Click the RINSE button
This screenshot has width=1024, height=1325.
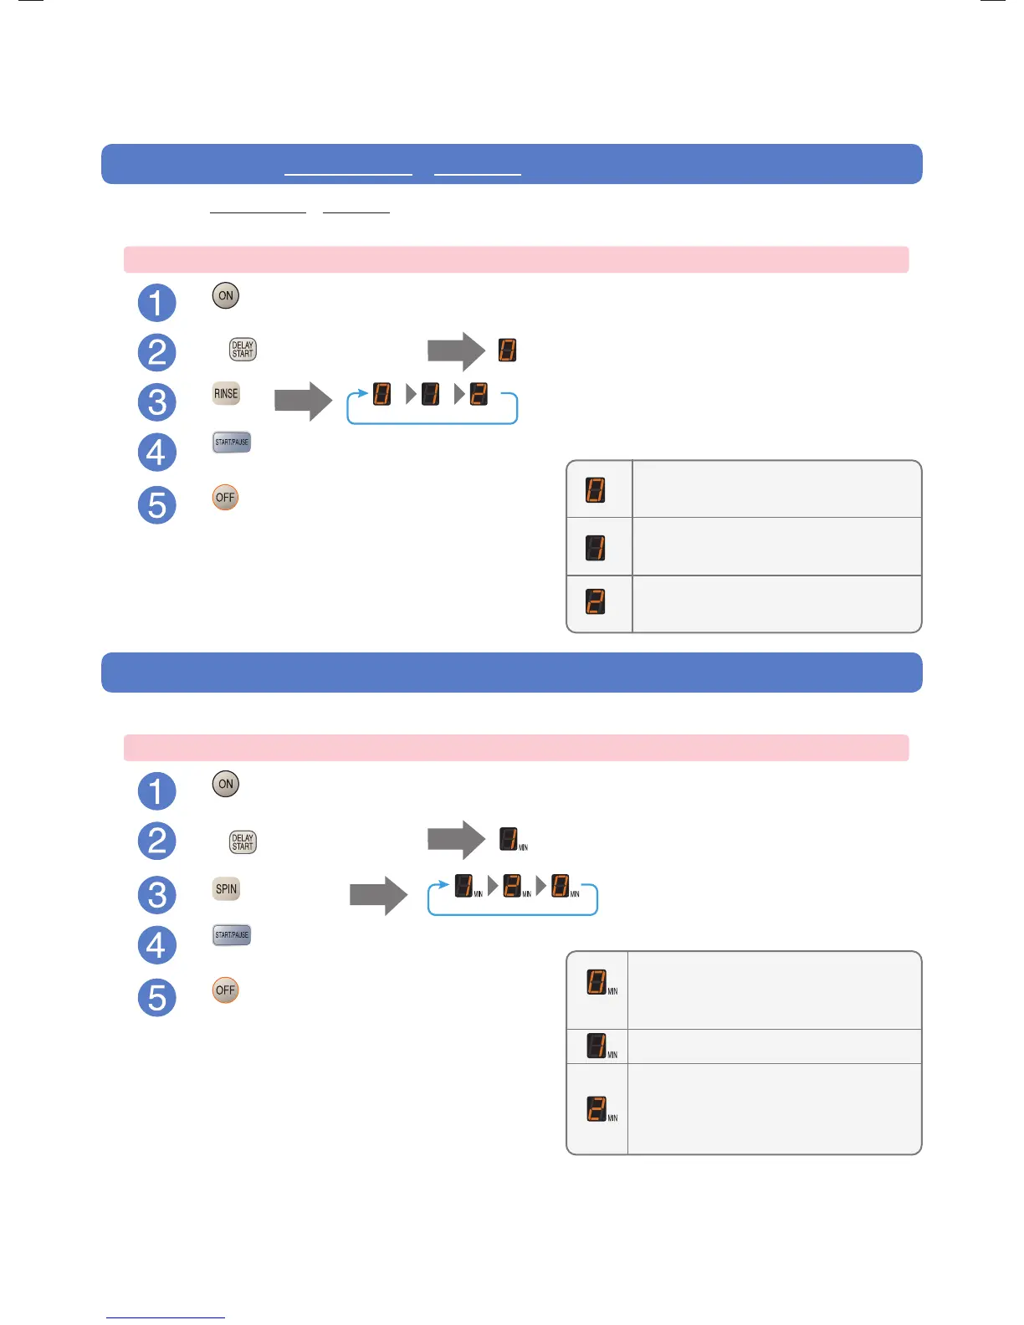click(x=226, y=394)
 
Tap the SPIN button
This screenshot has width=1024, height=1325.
click(x=226, y=889)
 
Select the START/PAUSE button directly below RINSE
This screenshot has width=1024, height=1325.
click(x=232, y=443)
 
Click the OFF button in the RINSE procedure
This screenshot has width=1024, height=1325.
click(x=225, y=498)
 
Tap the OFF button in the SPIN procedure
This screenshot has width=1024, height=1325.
click(x=225, y=990)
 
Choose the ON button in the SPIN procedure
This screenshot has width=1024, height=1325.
click(x=225, y=784)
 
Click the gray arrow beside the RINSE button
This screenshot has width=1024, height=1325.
click(x=303, y=402)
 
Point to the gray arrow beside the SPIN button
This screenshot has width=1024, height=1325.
click(x=378, y=896)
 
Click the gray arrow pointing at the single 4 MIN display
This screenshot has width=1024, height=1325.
click(x=456, y=840)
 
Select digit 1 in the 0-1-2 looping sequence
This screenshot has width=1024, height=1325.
click(x=431, y=394)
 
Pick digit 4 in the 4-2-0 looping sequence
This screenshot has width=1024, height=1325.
click(x=464, y=886)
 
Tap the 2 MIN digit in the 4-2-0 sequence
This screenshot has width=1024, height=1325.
click(x=512, y=886)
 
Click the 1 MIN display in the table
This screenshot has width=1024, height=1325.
click(x=596, y=1046)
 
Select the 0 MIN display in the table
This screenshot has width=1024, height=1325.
click(x=596, y=981)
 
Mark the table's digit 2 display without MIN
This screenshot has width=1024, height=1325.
click(x=596, y=602)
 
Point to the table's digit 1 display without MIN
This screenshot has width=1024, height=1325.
click(x=596, y=548)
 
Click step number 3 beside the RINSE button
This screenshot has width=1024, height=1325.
click(x=156, y=402)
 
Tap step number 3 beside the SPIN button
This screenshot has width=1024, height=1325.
click(x=156, y=895)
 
